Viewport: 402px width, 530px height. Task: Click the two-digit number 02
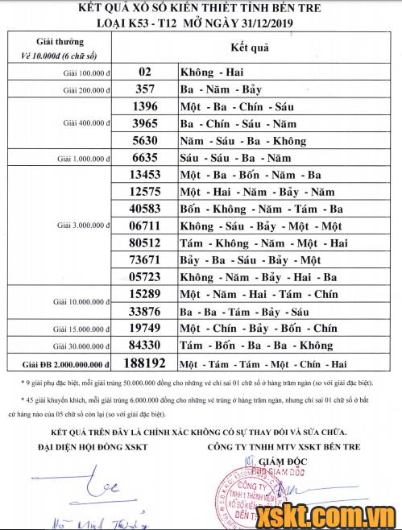pyautogui.click(x=146, y=71)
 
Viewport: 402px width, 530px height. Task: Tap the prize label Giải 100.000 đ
pyautogui.click(x=87, y=72)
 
